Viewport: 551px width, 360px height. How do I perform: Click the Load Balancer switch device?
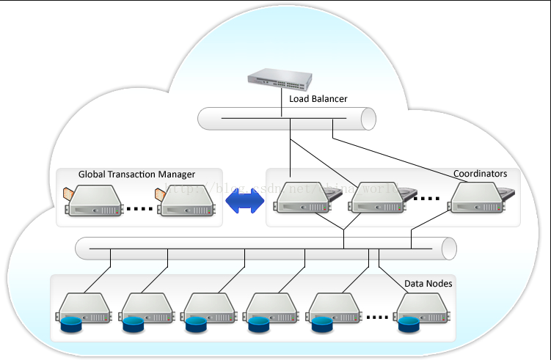pyautogui.click(x=280, y=78)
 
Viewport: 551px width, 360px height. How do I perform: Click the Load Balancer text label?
pyautogui.click(x=318, y=98)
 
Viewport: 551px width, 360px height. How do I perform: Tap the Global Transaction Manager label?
pyautogui.click(x=136, y=175)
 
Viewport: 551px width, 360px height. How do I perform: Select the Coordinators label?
pyautogui.click(x=480, y=174)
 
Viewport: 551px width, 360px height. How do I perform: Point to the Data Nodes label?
pyautogui.click(x=428, y=283)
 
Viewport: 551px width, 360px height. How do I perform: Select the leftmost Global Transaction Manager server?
pyautogui.click(x=94, y=200)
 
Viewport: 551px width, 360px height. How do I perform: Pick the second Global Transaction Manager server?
pyautogui.click(x=186, y=200)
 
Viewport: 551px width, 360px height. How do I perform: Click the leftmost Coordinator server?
pyautogui.click(x=302, y=199)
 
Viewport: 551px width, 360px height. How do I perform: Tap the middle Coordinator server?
pyautogui.click(x=375, y=199)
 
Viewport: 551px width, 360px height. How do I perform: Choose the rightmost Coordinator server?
pyautogui.click(x=478, y=199)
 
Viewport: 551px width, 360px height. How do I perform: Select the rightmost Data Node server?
pyautogui.click(x=422, y=309)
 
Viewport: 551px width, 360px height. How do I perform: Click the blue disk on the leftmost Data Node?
pyautogui.click(x=71, y=323)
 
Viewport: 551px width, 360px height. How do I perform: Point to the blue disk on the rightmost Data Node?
pyautogui.click(x=409, y=323)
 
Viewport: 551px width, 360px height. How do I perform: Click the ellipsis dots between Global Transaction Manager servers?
pyautogui.click(x=139, y=209)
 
